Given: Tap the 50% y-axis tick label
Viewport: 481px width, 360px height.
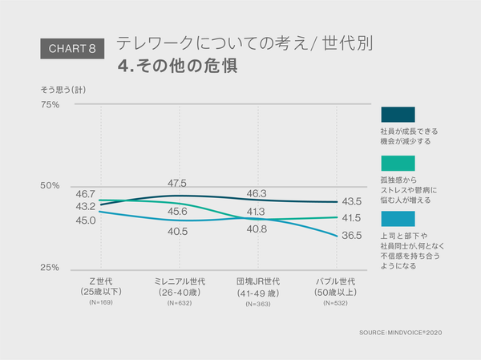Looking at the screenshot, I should pyautogui.click(x=51, y=186).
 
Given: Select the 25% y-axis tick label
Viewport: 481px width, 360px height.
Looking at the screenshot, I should pyautogui.click(x=51, y=267).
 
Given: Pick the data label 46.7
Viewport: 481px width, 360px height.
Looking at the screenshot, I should pyautogui.click(x=86, y=194).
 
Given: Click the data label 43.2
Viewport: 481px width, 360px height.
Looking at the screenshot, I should pyautogui.click(x=86, y=207).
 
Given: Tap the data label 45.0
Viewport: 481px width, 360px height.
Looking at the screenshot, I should pyautogui.click(x=86, y=220).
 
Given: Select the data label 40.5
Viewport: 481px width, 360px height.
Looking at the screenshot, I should pyautogui.click(x=178, y=231).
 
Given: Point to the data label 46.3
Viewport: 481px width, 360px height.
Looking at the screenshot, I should pyautogui.click(x=257, y=193).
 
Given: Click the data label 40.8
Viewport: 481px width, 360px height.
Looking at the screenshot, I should pyautogui.click(x=257, y=229).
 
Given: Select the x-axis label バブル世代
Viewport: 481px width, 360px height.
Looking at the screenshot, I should pyautogui.click(x=336, y=282).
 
